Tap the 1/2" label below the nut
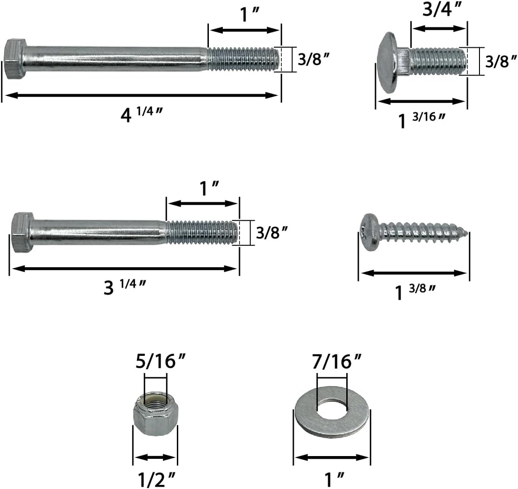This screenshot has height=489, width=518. pos(155,478)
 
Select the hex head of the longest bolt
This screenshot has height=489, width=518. pos(15,59)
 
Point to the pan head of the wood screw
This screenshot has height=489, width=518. pos(369,232)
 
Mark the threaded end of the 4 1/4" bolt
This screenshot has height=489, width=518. pos(244,59)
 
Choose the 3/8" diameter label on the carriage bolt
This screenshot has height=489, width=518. pos(501,61)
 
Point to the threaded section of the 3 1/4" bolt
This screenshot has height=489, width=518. pos(202,232)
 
